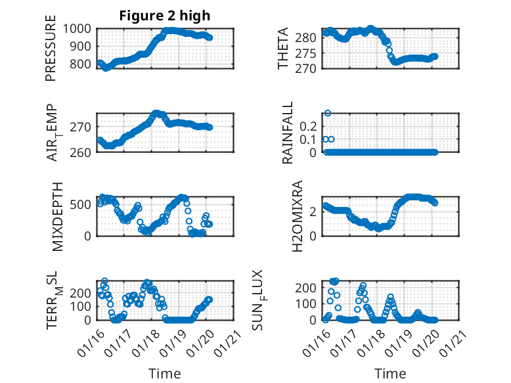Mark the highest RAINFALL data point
327,113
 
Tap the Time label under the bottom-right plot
390,373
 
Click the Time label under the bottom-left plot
164,373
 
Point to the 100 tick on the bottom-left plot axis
82,306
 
